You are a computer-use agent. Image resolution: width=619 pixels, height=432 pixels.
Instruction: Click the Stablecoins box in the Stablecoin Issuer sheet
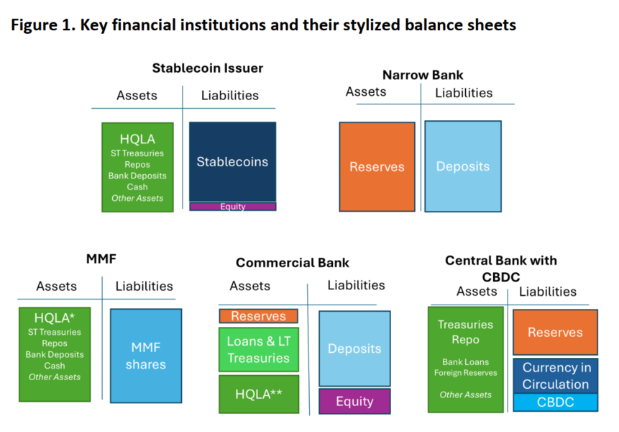(x=232, y=162)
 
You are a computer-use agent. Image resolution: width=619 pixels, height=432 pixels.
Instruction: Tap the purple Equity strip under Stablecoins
(x=232, y=207)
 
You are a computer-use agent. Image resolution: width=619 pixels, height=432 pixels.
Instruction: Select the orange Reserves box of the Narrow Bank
(x=377, y=167)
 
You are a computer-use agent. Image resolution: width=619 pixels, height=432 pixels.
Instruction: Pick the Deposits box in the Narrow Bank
(x=463, y=166)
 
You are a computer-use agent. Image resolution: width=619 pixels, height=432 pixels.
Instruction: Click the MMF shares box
(x=146, y=356)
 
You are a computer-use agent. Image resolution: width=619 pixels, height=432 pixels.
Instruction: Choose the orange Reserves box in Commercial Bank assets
(x=259, y=316)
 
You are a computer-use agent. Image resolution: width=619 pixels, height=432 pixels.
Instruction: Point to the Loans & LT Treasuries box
(x=259, y=350)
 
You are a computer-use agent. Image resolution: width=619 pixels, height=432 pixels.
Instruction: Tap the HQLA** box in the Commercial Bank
(x=259, y=394)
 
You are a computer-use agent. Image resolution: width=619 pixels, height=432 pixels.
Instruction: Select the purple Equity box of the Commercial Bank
(x=354, y=401)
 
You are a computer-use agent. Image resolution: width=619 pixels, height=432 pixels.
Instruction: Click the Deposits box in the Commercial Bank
(x=354, y=348)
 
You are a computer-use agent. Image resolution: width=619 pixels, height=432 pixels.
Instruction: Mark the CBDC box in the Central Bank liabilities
(x=556, y=402)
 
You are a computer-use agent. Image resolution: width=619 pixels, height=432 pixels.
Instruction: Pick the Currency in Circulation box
(x=556, y=376)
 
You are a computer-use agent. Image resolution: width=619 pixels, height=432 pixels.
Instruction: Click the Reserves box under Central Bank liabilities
(x=556, y=333)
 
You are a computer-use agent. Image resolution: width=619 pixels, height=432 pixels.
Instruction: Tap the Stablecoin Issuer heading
(x=208, y=68)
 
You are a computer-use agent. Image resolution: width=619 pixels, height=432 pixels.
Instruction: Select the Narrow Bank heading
(x=423, y=75)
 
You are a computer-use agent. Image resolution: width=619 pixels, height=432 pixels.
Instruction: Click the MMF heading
(x=101, y=259)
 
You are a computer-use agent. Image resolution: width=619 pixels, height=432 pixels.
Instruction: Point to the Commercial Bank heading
(x=293, y=263)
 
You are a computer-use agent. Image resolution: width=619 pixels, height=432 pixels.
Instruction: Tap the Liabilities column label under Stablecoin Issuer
(x=230, y=95)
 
